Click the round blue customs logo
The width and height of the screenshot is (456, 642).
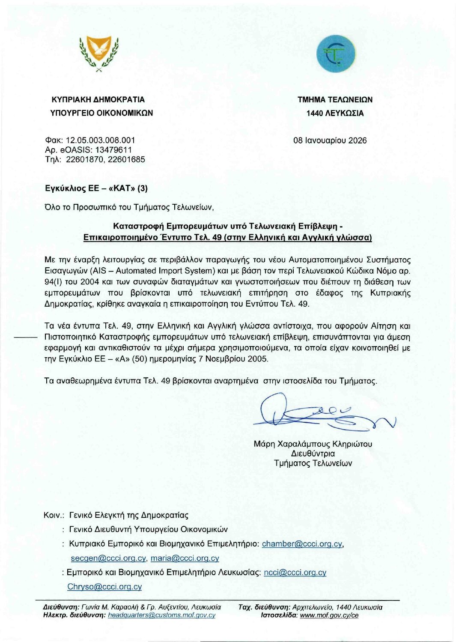[335, 54]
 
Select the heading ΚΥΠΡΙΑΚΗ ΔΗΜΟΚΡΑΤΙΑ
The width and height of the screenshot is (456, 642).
[98, 100]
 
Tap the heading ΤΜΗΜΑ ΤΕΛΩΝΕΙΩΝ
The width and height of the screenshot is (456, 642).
[335, 100]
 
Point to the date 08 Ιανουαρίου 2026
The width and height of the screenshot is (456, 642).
[330, 140]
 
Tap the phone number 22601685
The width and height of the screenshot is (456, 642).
[126, 159]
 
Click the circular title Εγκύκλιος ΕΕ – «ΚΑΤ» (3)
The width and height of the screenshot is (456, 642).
[96, 188]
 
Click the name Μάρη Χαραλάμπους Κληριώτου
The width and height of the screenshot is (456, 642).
[313, 444]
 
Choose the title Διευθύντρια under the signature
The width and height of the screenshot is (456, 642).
[313, 454]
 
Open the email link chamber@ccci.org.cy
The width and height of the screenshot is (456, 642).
[302, 544]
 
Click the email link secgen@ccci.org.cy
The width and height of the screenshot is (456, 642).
[108, 558]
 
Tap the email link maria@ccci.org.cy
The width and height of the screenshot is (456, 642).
[185, 558]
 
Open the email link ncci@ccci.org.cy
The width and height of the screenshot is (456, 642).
[295, 573]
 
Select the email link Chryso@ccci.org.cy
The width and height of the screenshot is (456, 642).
[104, 587]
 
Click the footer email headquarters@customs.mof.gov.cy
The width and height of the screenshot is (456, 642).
[161, 615]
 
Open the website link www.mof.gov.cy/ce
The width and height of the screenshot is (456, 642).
[329, 615]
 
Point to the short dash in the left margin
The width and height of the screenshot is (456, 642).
[27, 337]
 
